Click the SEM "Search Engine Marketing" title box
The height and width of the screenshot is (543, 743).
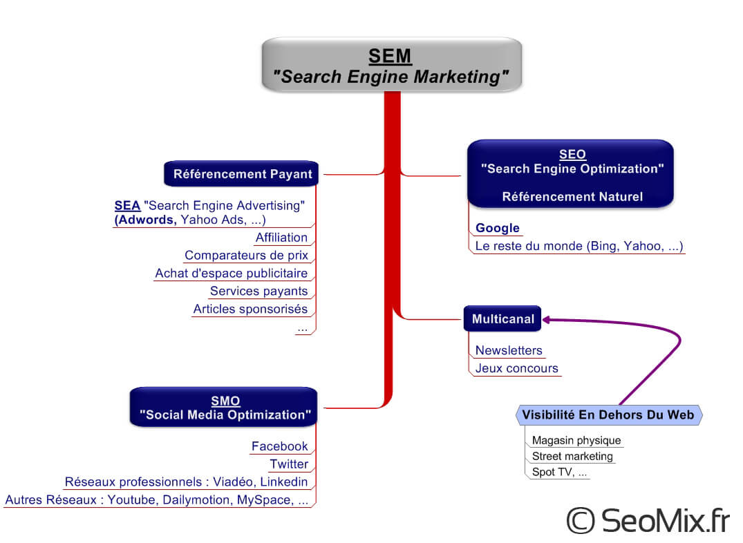391,66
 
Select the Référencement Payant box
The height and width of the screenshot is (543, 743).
242,174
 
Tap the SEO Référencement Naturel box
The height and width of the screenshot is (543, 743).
571,175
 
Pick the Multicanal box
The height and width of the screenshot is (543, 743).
502,318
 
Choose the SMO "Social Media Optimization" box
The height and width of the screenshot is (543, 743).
225,408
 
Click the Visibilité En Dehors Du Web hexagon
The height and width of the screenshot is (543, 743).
608,415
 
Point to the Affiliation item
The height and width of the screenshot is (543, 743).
281,238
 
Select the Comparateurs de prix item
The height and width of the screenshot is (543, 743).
246,256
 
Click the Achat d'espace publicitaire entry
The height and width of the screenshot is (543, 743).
231,274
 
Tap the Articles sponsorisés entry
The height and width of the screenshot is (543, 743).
250,309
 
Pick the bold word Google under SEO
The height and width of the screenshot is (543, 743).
497,229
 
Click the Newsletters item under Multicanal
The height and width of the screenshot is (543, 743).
509,351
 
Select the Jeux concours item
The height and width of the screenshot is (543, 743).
516,369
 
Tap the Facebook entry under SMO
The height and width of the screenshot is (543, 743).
279,446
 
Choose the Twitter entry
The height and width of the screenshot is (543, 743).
289,464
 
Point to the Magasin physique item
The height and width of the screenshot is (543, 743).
576,441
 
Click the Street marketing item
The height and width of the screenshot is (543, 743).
572,457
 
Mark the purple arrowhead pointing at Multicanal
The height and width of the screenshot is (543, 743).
547,319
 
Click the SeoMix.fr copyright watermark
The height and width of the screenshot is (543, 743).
647,520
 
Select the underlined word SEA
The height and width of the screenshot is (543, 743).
127,206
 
